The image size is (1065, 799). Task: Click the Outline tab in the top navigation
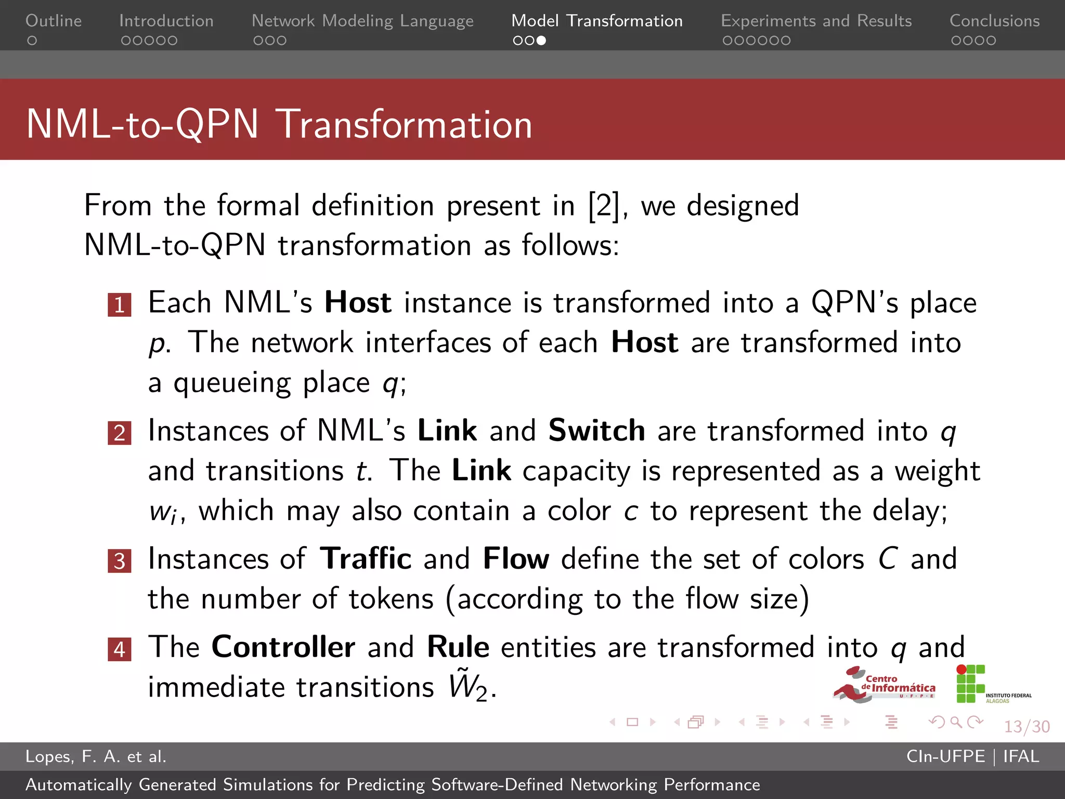pos(54,21)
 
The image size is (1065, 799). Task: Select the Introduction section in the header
pos(166,21)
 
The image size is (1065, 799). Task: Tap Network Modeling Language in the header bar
pos(362,21)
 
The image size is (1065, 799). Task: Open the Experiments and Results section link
pos(816,21)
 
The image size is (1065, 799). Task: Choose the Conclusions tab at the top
pos(994,21)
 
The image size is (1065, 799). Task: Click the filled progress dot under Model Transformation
pos(541,41)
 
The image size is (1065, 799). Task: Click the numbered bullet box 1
pos(120,305)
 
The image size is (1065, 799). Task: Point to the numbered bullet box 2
pos(120,433)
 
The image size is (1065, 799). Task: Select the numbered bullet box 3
pos(120,561)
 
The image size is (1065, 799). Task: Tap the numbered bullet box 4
pos(120,649)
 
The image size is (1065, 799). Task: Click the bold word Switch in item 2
pos(596,431)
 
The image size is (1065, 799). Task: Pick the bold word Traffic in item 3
pos(366,559)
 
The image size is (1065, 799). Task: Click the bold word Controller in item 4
pos(283,647)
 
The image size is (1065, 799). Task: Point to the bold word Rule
pos(458,647)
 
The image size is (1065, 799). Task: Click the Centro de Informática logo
pos(884,685)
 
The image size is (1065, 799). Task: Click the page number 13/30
pos(1027,726)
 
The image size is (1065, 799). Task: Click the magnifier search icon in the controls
pos(955,722)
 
